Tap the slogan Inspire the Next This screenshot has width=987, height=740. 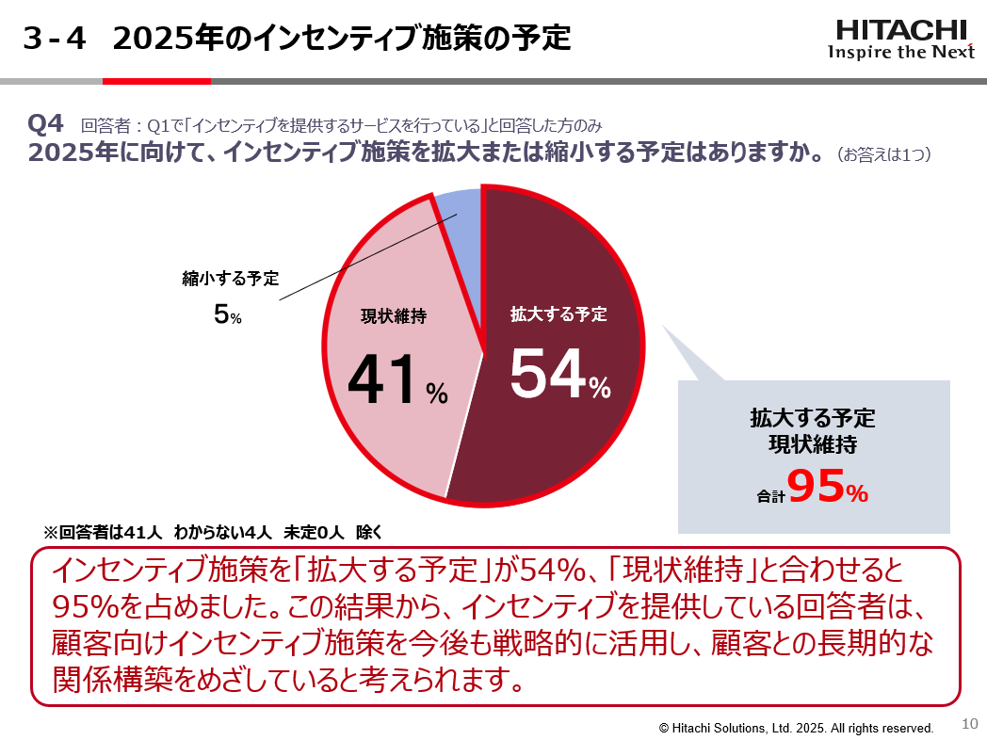click(x=900, y=52)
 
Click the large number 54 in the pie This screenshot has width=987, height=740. click(x=548, y=374)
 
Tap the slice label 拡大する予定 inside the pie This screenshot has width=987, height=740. click(x=558, y=314)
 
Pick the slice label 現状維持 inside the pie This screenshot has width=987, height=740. click(x=394, y=316)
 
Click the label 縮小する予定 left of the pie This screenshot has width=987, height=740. click(x=231, y=279)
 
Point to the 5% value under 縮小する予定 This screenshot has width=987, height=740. click(x=227, y=315)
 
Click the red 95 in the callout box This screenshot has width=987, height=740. click(x=815, y=487)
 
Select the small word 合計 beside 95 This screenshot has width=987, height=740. click(x=770, y=495)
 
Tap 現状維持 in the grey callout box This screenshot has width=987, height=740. click(x=813, y=442)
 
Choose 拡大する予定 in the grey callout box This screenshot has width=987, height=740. click(x=813, y=417)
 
